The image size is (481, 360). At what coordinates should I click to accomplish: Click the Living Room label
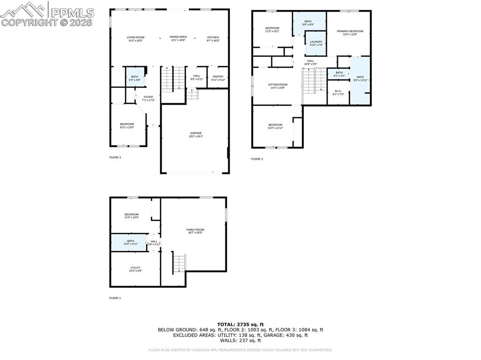[135, 38]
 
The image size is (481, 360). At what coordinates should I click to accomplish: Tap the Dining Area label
[178, 38]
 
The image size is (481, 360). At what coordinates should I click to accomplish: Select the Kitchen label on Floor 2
[213, 38]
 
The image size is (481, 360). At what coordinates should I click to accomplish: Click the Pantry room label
[218, 78]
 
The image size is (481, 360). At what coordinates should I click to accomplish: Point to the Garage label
[195, 134]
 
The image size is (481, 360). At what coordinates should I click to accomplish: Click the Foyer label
[148, 98]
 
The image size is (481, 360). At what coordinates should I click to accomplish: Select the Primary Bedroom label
[349, 32]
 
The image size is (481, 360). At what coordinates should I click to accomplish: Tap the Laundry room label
[316, 43]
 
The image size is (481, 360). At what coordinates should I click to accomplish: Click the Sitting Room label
[278, 86]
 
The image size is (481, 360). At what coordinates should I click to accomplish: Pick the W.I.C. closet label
[338, 92]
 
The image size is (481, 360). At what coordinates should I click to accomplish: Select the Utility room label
[135, 269]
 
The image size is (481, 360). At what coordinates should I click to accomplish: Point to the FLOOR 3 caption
[257, 159]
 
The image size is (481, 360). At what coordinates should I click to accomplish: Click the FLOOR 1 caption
[115, 298]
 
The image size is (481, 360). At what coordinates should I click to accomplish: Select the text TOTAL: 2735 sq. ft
[240, 324]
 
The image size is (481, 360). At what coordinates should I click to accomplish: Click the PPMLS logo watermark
[47, 14]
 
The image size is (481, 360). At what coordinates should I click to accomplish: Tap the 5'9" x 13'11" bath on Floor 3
[360, 80]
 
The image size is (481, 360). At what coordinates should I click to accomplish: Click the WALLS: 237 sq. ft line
[240, 340]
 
